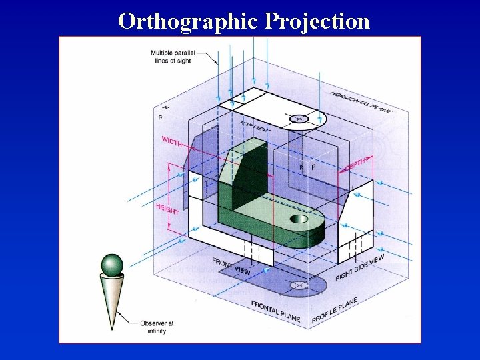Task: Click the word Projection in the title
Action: (317, 21)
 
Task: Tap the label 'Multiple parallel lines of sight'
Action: (170, 57)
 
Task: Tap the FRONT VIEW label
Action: (231, 266)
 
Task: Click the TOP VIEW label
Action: (254, 128)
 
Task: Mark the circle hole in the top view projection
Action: (298, 119)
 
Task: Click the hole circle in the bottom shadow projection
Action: (298, 285)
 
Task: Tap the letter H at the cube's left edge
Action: (166, 107)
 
